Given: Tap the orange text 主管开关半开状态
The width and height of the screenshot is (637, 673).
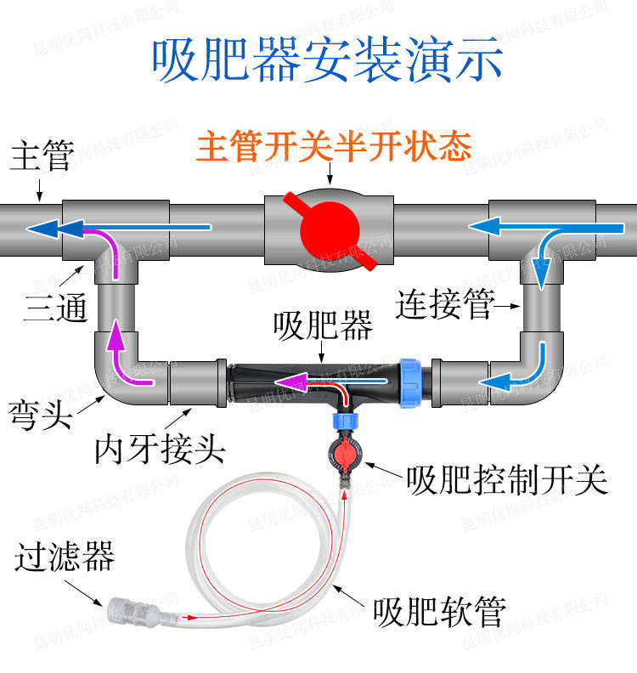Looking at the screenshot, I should point(334,147).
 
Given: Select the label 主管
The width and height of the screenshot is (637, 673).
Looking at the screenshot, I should point(40,157).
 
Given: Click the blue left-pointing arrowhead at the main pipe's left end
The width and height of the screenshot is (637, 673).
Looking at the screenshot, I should point(42,229).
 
